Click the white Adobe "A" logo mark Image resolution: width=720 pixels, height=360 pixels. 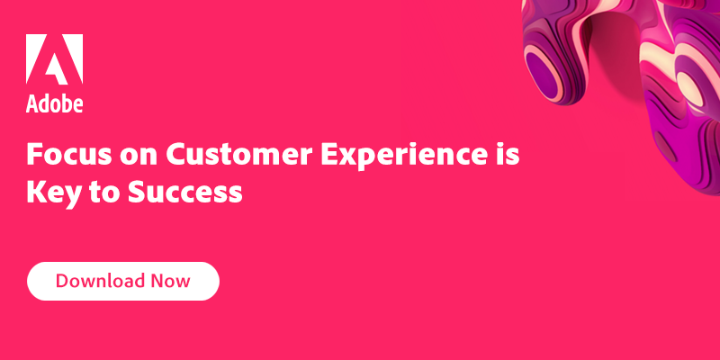pos(54,58)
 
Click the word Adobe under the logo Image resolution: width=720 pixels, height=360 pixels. pos(54,103)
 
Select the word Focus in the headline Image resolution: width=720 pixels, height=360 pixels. pos(69,154)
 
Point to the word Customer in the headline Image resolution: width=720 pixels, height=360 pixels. pos(238,154)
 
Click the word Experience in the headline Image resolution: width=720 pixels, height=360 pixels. pos(401,156)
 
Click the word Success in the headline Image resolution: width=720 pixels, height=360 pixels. pos(185,193)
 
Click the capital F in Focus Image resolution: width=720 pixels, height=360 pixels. pos(34,154)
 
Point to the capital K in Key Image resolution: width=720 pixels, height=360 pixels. pos(36,193)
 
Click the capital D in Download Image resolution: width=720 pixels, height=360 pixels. pos(63,281)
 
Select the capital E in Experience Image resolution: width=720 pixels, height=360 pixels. pos(329,154)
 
